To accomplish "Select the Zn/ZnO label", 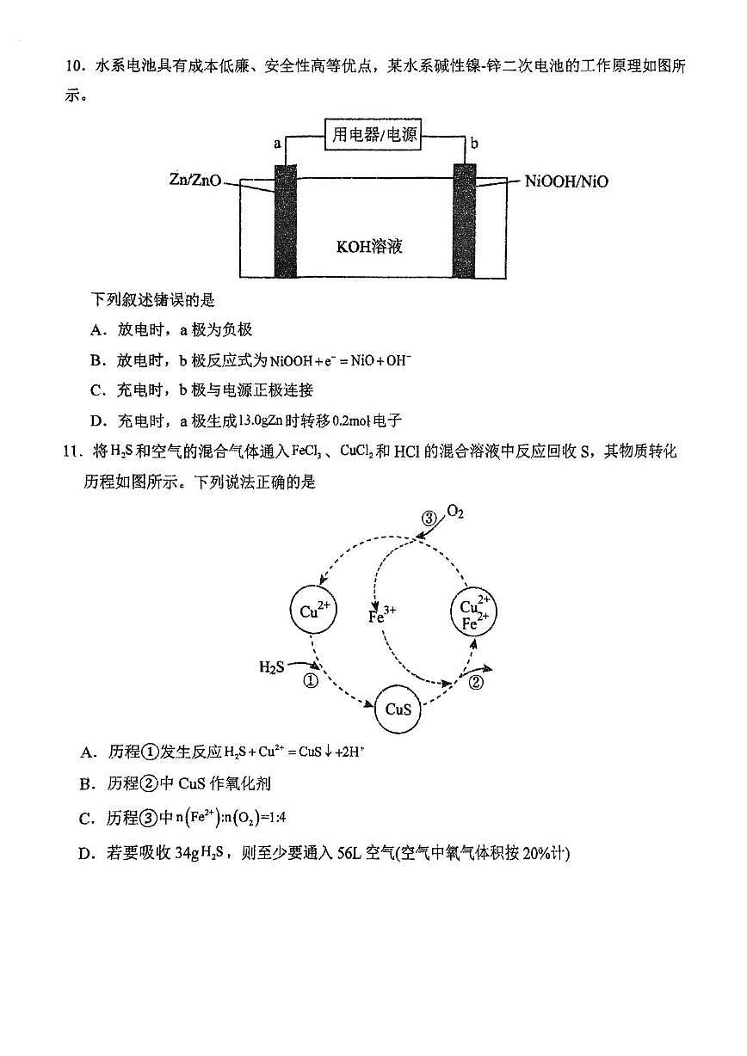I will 195,181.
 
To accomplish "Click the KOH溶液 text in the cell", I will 370,247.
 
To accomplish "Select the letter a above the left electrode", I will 277,143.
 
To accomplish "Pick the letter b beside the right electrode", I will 474,143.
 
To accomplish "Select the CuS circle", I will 398,709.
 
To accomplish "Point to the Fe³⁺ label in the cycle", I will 381,616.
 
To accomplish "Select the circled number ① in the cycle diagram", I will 312,680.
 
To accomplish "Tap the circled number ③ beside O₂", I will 429,518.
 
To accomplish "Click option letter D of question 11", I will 86,853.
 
